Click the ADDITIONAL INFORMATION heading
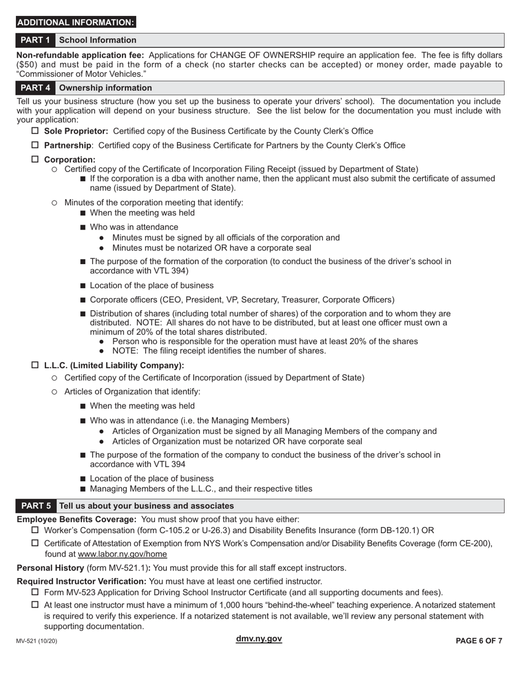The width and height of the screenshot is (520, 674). (76, 22)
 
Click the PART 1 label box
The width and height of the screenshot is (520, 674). (36, 40)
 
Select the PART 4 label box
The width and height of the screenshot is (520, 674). (36, 88)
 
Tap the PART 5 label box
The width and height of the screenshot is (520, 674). (36, 506)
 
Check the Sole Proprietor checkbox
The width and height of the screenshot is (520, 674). (35, 131)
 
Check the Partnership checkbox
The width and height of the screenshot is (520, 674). (35, 145)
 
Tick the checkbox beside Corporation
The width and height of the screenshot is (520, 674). (35, 159)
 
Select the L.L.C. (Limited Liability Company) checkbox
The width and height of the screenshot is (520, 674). (35, 365)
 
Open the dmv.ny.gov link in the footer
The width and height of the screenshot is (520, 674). (259, 639)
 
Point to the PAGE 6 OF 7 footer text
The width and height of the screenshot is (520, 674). (479, 641)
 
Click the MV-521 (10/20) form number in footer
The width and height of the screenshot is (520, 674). (37, 641)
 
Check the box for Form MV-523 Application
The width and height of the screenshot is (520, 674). (35, 592)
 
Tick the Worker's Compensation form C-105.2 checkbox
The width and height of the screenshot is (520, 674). (35, 530)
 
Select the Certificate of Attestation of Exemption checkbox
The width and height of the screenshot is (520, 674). (35, 543)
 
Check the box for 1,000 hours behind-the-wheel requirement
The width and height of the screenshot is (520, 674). (35, 605)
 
